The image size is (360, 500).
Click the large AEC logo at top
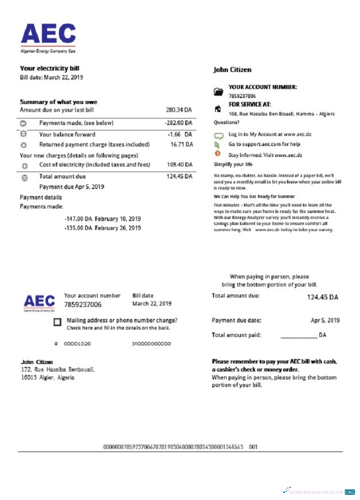[48, 36]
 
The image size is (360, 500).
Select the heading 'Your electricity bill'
[49, 68]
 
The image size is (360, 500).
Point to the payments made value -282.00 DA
[178, 123]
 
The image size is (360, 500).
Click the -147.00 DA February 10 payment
[102, 219]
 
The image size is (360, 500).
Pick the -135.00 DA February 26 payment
[102, 228]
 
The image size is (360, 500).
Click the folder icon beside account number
[217, 91]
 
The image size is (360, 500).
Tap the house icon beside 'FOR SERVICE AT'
[217, 108]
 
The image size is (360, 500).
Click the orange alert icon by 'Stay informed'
[217, 154]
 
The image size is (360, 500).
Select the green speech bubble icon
[217, 135]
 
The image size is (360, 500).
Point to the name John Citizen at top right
[232, 70]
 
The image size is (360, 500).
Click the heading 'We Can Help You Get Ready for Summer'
[254, 196]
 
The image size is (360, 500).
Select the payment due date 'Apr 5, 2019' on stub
[325, 320]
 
